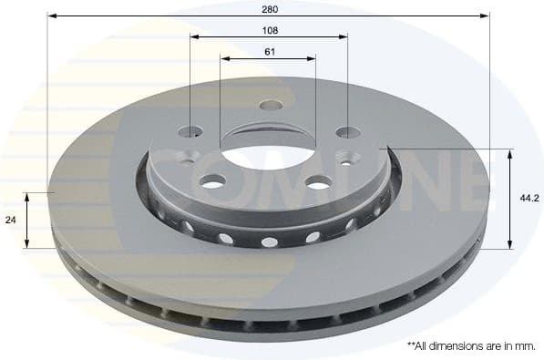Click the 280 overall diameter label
pyautogui.click(x=268, y=8)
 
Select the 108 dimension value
pyautogui.click(x=268, y=30)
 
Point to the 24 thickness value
pyautogui.click(x=10, y=220)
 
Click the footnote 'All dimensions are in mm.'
pyautogui.click(x=470, y=346)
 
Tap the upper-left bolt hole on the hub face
pyautogui.click(x=190, y=131)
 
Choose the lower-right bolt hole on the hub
pyautogui.click(x=318, y=182)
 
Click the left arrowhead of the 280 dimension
pyautogui.click(x=51, y=15)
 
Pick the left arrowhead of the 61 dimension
pyautogui.click(x=223, y=58)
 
